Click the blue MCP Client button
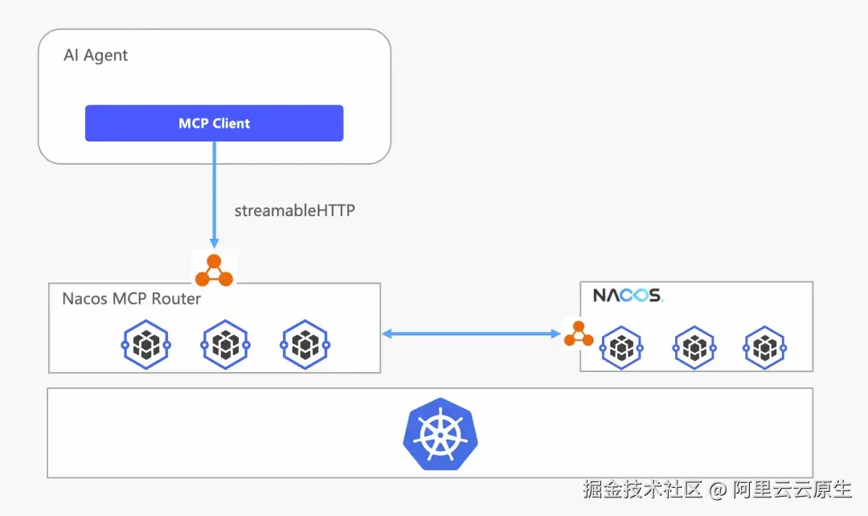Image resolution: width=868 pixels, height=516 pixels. [x=215, y=123]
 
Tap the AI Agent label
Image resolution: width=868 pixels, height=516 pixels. [x=96, y=55]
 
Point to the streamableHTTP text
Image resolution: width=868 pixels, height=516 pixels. [x=294, y=211]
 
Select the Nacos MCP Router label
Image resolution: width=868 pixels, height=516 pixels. [x=131, y=299]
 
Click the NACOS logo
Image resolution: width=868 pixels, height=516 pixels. [x=628, y=295]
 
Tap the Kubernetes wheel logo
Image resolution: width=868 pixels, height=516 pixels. [x=440, y=434]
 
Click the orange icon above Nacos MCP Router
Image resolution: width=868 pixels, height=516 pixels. [x=215, y=270]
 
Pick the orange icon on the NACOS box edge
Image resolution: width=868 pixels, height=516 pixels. [x=579, y=334]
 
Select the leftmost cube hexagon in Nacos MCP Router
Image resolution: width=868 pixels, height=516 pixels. [x=146, y=344]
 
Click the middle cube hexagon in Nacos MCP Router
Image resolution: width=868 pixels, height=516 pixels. [x=226, y=344]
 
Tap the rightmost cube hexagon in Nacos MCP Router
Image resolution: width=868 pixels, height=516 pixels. [x=305, y=344]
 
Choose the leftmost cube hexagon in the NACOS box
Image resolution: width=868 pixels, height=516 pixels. [x=621, y=348]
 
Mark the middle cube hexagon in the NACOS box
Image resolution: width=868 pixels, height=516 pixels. [x=694, y=348]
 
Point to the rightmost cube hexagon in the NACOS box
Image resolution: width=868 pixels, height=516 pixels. [x=764, y=348]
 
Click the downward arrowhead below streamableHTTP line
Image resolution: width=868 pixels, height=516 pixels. [x=215, y=244]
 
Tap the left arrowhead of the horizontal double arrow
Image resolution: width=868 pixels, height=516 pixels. [x=387, y=334]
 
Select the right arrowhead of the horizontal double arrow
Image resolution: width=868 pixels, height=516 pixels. [x=556, y=334]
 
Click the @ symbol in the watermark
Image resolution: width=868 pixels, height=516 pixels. [x=718, y=489]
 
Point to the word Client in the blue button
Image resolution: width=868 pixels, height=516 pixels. [x=231, y=124]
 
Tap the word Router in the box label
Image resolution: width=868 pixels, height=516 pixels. [x=176, y=299]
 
